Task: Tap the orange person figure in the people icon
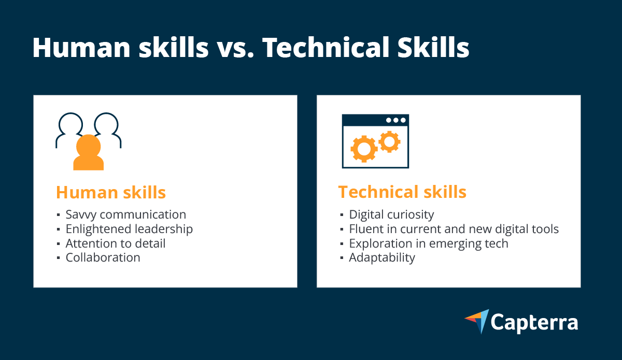click(89, 153)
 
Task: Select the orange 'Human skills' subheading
click(111, 193)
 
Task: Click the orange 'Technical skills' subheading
click(402, 192)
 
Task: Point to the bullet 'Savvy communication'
click(125, 214)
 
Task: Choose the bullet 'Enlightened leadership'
click(129, 229)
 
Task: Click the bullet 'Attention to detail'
click(116, 243)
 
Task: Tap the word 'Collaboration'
click(103, 257)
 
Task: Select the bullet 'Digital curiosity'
click(391, 214)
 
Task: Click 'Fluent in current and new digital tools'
click(454, 229)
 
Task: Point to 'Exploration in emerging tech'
click(428, 243)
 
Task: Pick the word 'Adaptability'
click(382, 257)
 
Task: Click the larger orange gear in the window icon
click(364, 149)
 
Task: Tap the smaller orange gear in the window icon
click(389, 141)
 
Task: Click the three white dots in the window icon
click(395, 120)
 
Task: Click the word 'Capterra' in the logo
click(534, 322)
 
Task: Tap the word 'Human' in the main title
click(80, 48)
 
